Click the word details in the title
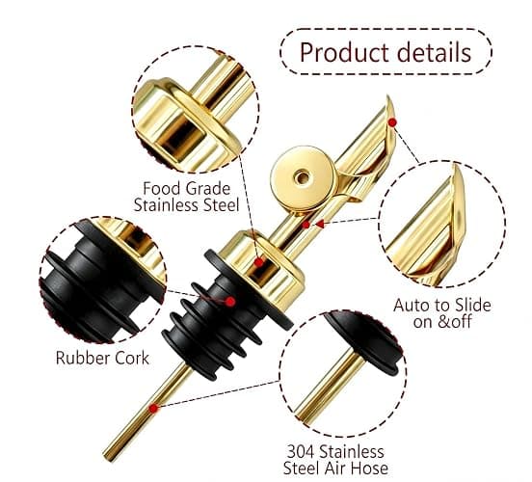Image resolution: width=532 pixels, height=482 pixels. [x=435, y=52]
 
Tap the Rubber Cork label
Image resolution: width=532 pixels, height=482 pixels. [x=102, y=358]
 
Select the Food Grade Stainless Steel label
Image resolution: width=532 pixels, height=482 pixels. [x=187, y=197]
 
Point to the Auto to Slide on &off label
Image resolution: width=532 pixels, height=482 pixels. [x=442, y=313]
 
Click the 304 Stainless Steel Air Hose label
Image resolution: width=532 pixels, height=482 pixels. [x=335, y=460]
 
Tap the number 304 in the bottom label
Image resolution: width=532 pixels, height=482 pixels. [x=302, y=452]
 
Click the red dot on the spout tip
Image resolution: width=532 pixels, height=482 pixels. [x=392, y=122]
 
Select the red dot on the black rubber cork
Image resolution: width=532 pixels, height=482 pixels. [x=230, y=302]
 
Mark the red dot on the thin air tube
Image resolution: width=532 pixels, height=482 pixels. [x=153, y=409]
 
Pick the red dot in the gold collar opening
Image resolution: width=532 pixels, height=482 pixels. [x=259, y=262]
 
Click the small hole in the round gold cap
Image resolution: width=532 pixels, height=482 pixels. [x=302, y=176]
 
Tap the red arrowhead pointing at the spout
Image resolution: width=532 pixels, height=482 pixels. [x=319, y=224]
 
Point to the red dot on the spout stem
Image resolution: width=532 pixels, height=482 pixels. [x=306, y=225]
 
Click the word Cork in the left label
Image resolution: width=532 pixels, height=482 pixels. [x=132, y=358]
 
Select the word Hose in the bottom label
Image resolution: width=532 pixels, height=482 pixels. [x=369, y=469]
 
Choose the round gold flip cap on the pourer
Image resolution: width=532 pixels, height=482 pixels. [x=303, y=178]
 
